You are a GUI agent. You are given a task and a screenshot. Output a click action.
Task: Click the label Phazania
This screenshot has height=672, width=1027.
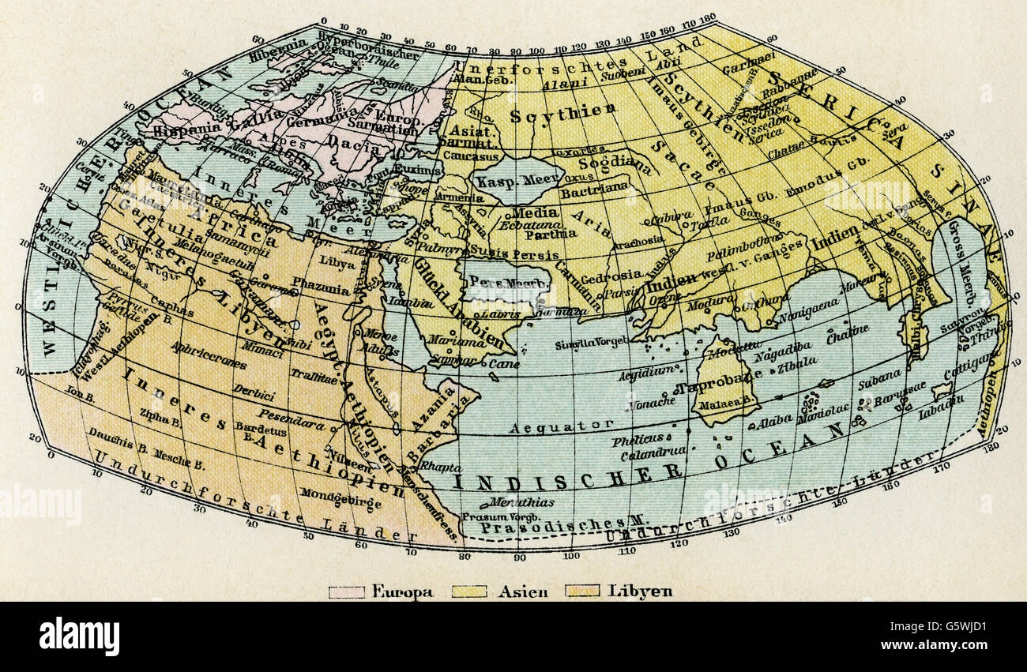[x=320, y=289]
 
